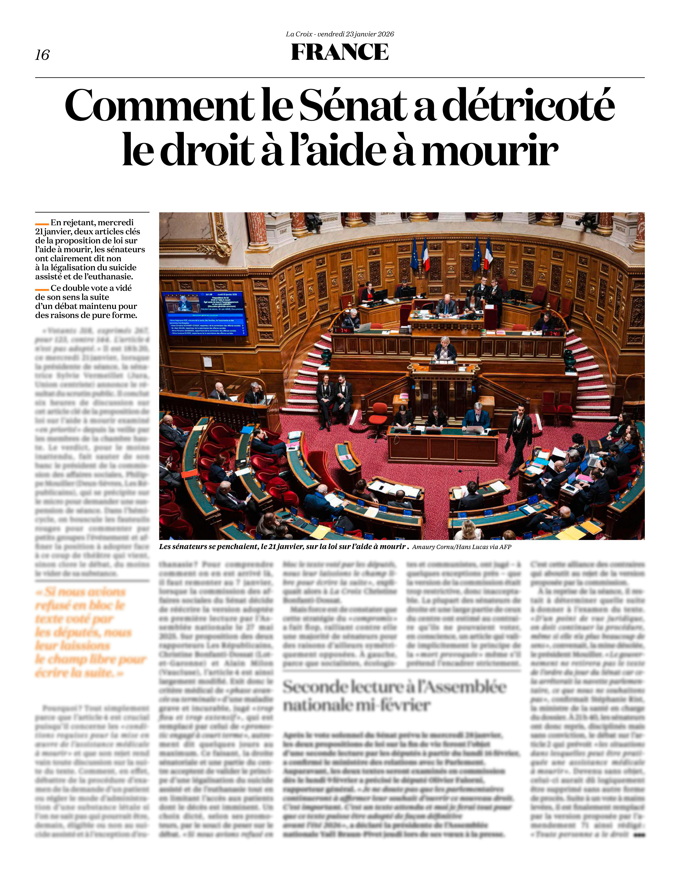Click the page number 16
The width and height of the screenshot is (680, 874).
point(42,55)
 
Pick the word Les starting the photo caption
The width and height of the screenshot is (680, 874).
point(166,547)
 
